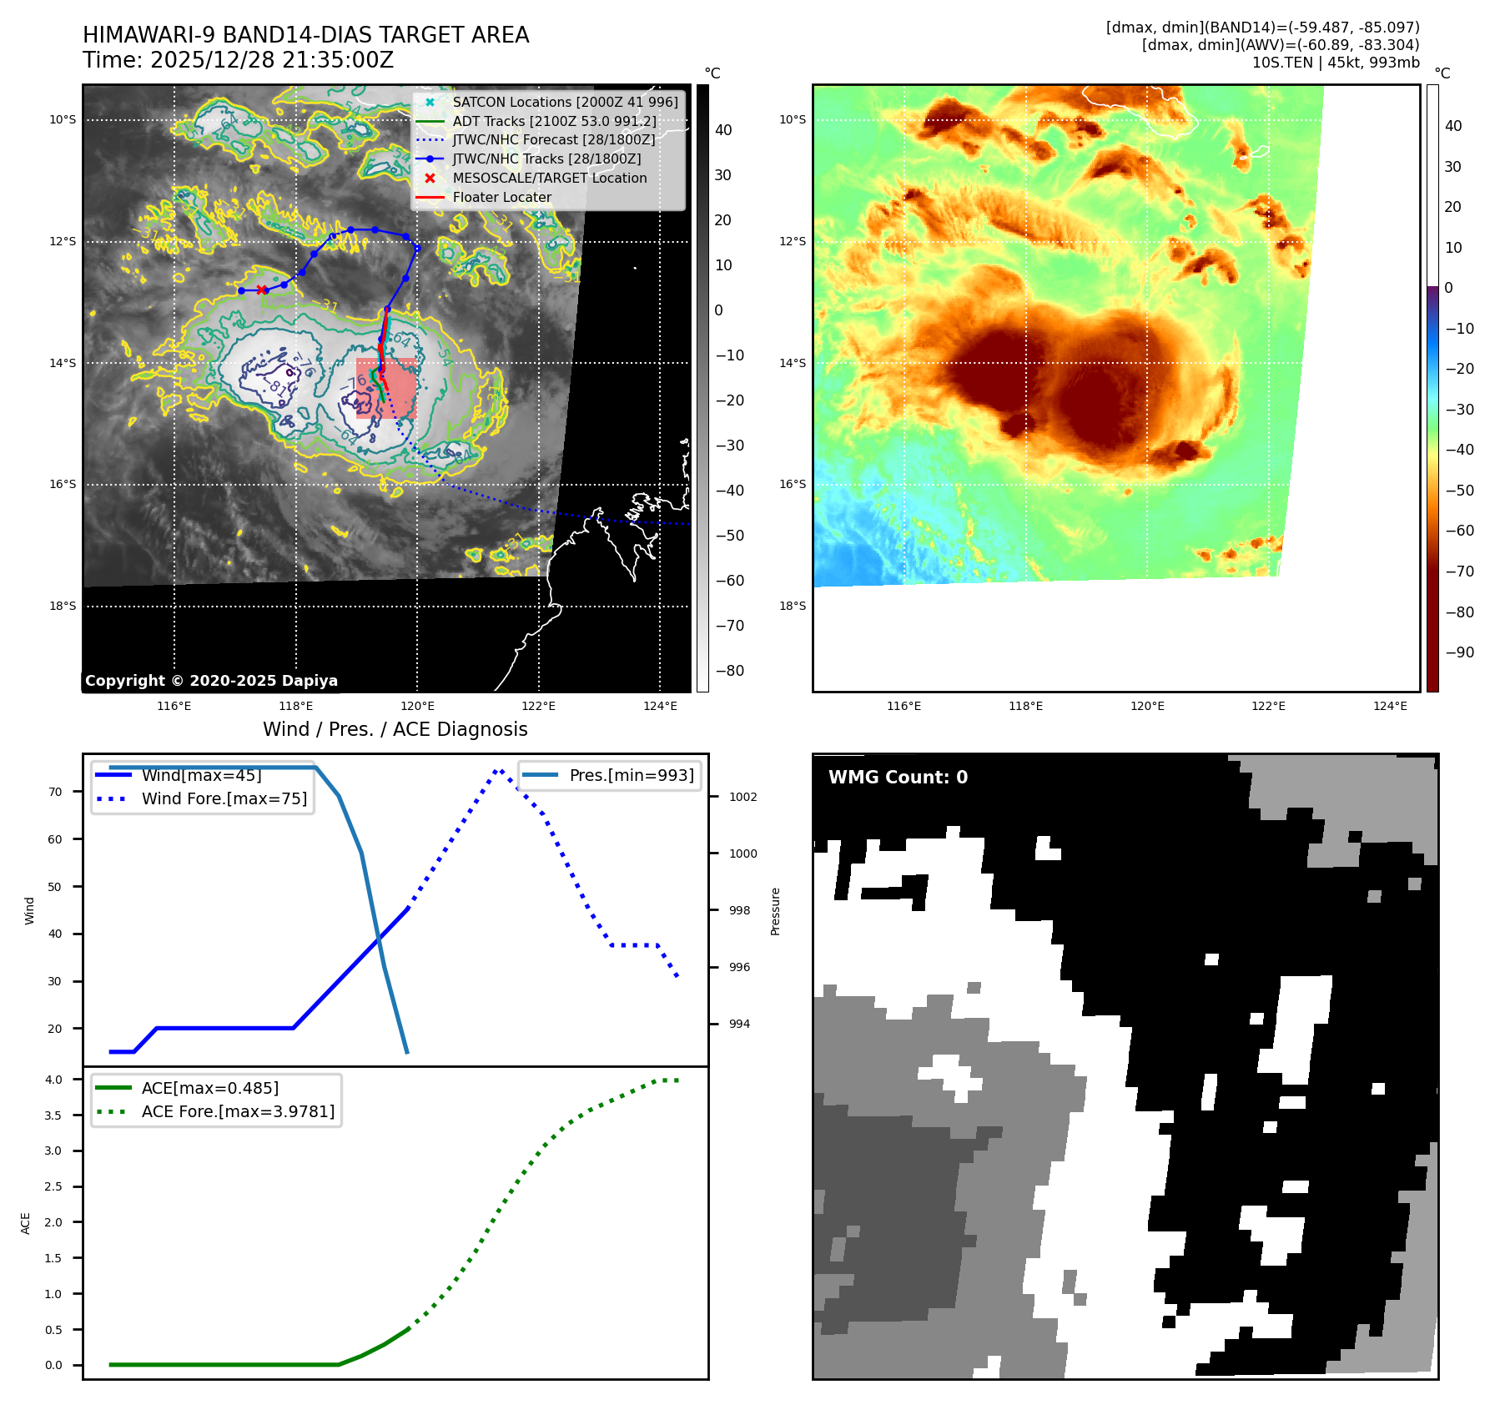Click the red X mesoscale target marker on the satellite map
[262, 290]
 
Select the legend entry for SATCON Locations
[565, 102]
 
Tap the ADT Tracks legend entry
[554, 121]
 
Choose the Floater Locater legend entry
[501, 197]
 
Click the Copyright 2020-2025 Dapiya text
[211, 681]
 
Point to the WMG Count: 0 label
[898, 778]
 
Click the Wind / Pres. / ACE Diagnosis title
[395, 729]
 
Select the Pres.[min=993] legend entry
[631, 775]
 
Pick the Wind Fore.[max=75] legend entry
[224, 798]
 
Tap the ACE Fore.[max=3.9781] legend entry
[238, 1111]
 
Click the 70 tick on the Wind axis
[55, 792]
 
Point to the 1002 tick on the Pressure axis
[742, 797]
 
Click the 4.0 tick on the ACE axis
[53, 1080]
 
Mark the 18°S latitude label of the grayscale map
[63, 606]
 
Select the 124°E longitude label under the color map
[1390, 706]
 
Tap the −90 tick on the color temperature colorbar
[1459, 652]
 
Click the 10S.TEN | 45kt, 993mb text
[1335, 63]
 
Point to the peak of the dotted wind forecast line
[498, 770]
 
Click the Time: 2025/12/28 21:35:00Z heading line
[238, 60]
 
